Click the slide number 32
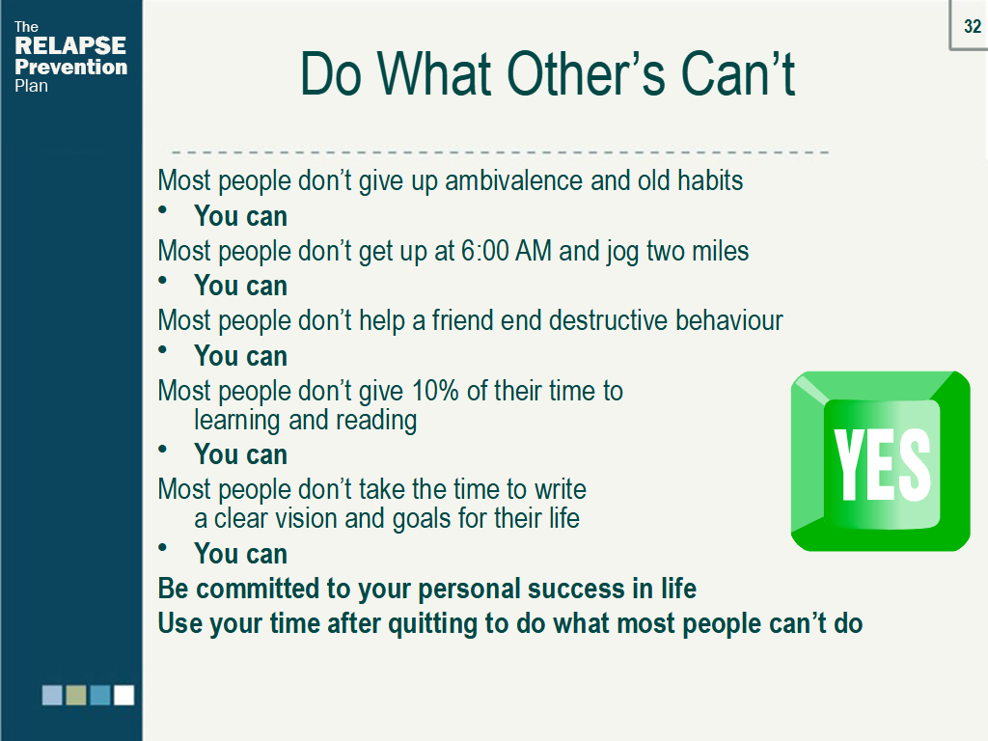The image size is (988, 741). pyautogui.click(x=973, y=26)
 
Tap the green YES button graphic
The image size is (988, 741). pyautogui.click(x=880, y=461)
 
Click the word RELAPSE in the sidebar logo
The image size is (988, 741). pyautogui.click(x=70, y=46)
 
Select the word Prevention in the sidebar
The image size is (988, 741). pyautogui.click(x=71, y=67)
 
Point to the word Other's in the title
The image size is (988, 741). pyautogui.click(x=586, y=74)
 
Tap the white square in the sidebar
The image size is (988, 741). pyautogui.click(x=124, y=695)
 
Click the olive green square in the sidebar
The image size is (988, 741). pyautogui.click(x=75, y=695)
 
